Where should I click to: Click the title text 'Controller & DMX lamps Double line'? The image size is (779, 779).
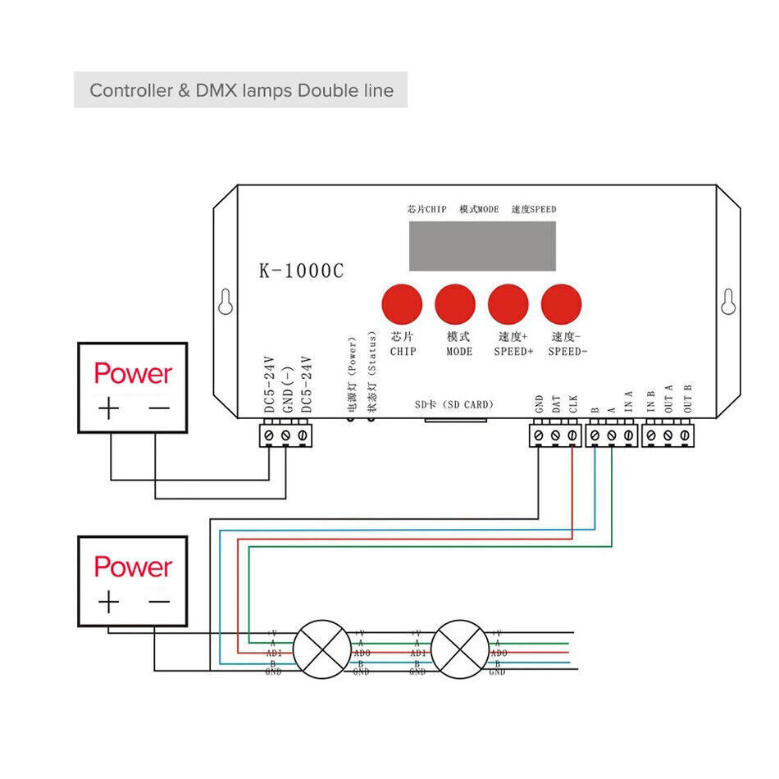click(241, 90)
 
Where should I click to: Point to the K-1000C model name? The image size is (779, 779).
click(301, 271)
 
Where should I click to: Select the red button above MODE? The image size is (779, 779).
click(455, 304)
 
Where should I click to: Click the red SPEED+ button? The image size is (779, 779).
click(508, 304)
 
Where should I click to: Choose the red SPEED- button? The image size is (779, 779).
click(562, 304)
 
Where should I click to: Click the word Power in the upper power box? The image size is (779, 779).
click(133, 374)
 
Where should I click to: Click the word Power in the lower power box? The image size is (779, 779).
click(133, 567)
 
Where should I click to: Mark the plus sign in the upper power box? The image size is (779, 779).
click(108, 409)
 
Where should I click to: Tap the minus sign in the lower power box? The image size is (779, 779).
click(159, 602)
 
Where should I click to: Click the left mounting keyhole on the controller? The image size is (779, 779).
click(225, 303)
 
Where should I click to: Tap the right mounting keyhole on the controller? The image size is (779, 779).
click(727, 303)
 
